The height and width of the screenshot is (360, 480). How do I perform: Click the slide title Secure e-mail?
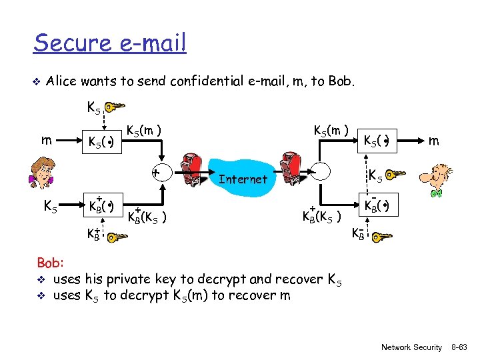(110, 43)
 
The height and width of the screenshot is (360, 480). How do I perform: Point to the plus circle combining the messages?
(155, 172)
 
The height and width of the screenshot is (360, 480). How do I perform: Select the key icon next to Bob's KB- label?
(381, 236)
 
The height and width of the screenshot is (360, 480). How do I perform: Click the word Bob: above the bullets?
(50, 264)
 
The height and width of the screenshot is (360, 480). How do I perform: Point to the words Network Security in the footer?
(411, 347)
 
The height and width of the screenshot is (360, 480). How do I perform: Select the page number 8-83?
(459, 347)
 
